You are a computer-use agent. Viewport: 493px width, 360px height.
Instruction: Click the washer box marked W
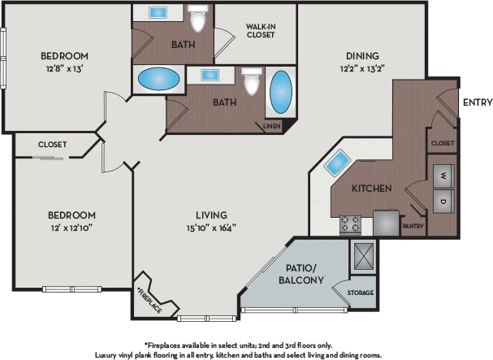443,175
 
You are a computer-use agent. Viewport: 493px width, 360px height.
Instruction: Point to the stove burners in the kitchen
351,222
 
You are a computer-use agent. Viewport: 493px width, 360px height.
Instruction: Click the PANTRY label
413,227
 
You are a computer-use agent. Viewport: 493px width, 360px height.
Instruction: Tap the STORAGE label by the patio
361,293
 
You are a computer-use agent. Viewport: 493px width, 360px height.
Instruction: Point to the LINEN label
271,125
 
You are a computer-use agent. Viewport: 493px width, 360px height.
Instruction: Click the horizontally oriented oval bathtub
159,80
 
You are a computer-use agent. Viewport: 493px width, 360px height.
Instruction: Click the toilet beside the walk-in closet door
197,20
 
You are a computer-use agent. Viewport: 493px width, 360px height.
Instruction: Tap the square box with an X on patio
361,254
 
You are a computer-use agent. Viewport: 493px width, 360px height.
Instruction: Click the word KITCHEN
372,189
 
